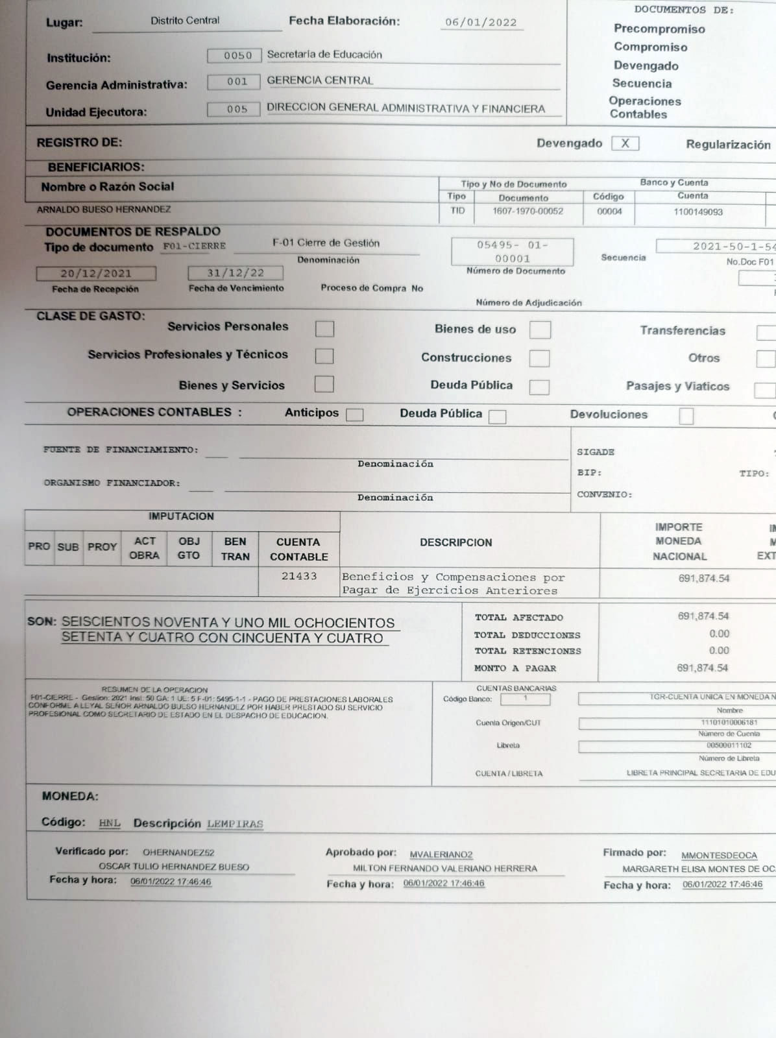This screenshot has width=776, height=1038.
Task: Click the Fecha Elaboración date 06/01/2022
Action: [x=481, y=22]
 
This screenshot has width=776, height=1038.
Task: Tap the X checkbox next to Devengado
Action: [x=625, y=143]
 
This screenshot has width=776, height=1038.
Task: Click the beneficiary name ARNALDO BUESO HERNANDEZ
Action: [x=104, y=210]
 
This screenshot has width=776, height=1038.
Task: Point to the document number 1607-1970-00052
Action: [x=527, y=211]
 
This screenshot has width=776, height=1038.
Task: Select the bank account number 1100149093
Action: [x=697, y=211]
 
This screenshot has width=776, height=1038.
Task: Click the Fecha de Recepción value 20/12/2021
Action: [x=96, y=273]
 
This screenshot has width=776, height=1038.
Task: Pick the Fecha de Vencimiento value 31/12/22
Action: [x=236, y=273]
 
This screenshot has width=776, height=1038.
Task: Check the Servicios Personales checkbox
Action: [x=324, y=329]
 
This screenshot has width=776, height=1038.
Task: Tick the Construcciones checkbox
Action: [x=539, y=358]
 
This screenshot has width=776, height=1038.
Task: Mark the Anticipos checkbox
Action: [x=355, y=415]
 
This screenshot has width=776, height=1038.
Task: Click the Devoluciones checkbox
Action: [x=686, y=416]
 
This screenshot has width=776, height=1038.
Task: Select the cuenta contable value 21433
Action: [x=299, y=576]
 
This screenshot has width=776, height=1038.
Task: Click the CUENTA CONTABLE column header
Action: [x=298, y=549]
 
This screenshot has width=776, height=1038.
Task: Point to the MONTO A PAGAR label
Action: [x=515, y=668]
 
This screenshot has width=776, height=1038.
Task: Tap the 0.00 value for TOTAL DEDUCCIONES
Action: [x=719, y=634]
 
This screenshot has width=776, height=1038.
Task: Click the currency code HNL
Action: [x=110, y=823]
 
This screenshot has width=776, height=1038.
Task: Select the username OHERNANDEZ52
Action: [x=178, y=852]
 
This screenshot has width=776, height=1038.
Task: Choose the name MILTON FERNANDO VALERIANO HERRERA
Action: [x=445, y=868]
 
